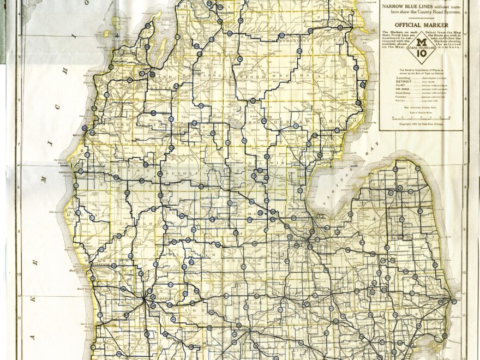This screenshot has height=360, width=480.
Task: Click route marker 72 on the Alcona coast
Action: (362, 85)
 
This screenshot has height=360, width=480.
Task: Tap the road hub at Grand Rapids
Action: (144, 298)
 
